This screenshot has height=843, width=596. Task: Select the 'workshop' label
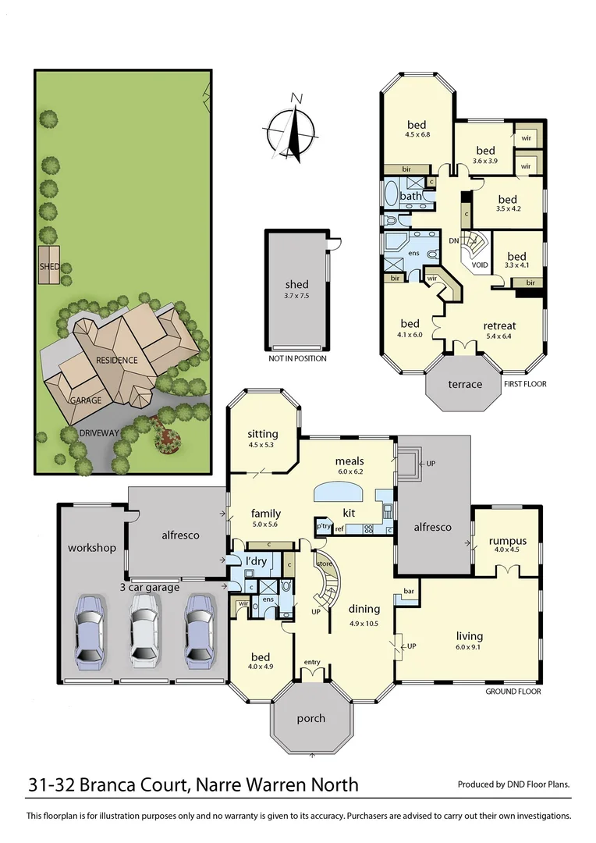point(91,547)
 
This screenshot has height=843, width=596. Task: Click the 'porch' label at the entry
point(311,718)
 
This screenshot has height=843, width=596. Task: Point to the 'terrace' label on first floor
point(464,384)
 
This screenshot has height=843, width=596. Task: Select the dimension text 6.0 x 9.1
point(469,646)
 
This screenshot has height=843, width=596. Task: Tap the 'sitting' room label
point(262,434)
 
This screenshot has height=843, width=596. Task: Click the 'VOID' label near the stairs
point(481,265)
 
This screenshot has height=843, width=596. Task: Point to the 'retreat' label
point(499,325)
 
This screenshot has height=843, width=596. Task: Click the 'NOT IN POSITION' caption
point(296,358)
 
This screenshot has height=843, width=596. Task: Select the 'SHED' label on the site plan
point(49,265)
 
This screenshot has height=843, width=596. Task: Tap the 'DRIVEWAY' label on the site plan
point(100,432)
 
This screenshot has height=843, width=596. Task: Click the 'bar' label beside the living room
point(408,592)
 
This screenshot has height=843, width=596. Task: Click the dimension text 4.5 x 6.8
point(417,133)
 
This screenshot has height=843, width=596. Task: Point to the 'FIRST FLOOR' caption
point(525,384)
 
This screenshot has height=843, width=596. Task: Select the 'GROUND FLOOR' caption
point(513,692)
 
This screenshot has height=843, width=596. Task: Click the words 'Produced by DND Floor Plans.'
point(513,784)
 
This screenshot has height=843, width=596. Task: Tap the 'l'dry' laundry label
point(257,562)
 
